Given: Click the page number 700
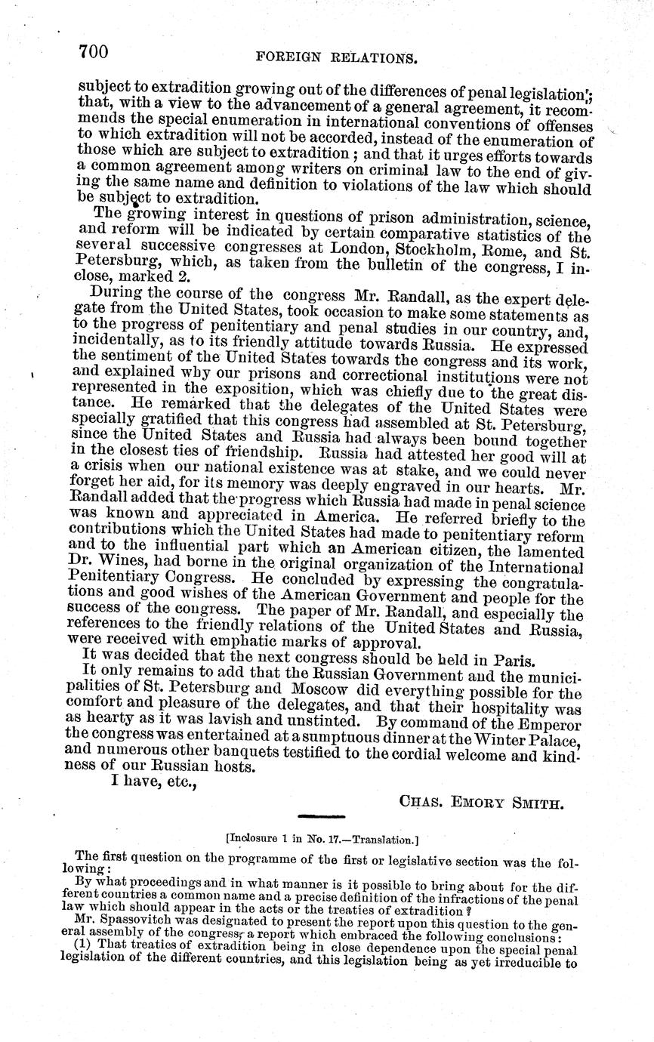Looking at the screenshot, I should [93, 51].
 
